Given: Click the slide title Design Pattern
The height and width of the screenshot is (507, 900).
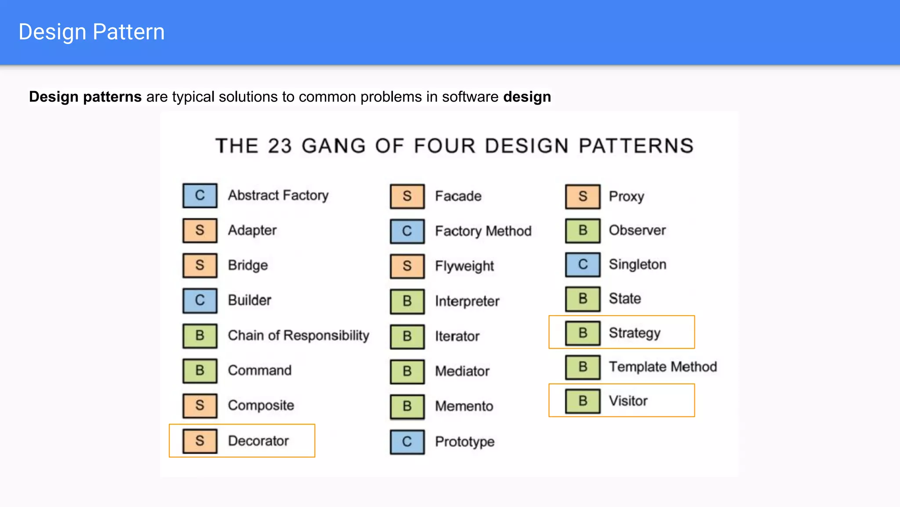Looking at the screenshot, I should click(91, 32).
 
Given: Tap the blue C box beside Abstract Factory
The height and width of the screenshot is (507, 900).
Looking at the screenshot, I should click(200, 195).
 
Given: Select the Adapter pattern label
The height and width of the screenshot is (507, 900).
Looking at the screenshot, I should click(252, 230).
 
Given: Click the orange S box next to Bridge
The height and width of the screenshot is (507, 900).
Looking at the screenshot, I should click(200, 265).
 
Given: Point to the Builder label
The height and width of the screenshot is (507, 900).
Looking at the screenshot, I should click(250, 300).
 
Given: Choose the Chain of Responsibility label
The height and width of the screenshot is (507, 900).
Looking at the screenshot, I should click(298, 335).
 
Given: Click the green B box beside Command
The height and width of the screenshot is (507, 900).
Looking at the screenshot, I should click(200, 371).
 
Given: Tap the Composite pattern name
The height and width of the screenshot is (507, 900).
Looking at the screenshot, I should click(261, 405).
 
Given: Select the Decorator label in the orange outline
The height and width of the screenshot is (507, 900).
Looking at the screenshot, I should click(258, 441).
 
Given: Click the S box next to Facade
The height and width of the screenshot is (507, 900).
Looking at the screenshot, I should click(407, 196).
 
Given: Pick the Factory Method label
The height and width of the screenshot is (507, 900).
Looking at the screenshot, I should click(483, 231).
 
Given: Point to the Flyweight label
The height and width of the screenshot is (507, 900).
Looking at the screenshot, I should click(465, 266).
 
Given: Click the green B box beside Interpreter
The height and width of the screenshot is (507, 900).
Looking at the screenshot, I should click(407, 301).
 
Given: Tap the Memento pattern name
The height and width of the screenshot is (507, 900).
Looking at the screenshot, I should click(464, 406).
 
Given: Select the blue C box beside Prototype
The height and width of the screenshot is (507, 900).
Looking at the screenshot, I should click(407, 442).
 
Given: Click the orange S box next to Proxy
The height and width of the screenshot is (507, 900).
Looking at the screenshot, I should click(583, 196).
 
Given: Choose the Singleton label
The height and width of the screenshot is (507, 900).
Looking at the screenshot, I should click(638, 265).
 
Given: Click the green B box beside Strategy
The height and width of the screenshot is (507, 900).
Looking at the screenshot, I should click(583, 333).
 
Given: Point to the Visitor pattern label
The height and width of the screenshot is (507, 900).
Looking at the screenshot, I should click(628, 401).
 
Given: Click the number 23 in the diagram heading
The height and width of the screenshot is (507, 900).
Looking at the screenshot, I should click(280, 146).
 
